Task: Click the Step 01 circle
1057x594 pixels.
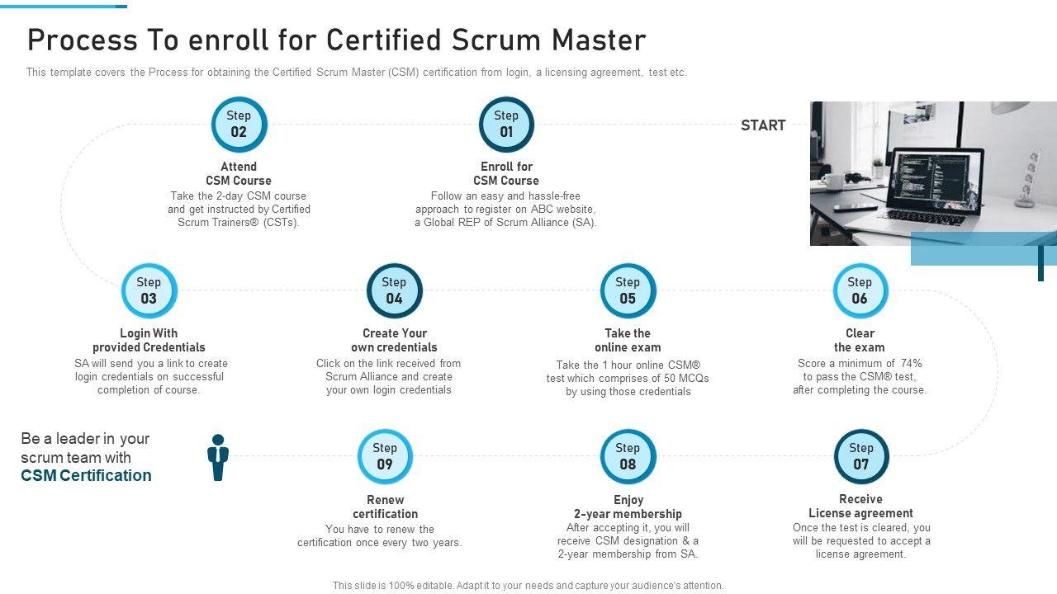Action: coord(506,125)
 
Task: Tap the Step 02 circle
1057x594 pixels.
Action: coord(239,125)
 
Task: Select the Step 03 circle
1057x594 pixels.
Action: coord(149,290)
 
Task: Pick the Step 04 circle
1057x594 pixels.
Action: coord(394,290)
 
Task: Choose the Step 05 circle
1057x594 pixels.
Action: coord(628,290)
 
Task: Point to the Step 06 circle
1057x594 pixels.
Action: coord(860,290)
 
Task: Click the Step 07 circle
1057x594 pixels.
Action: coord(861,456)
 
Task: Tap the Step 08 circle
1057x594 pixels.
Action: coord(628,456)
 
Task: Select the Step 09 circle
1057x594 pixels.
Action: coord(385,456)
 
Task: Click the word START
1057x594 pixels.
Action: coord(763,125)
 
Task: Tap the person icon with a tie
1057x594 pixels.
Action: coord(218,458)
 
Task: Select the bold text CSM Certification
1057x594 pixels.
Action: coord(87,476)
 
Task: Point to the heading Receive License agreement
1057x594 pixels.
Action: coord(860,506)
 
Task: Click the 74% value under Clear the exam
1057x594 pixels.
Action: coord(911,363)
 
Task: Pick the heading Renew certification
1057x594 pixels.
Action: coord(386,507)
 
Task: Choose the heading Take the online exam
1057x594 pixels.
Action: coord(628,340)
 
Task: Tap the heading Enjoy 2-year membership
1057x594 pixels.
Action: coord(628,507)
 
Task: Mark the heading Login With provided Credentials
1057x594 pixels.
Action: coord(149,340)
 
